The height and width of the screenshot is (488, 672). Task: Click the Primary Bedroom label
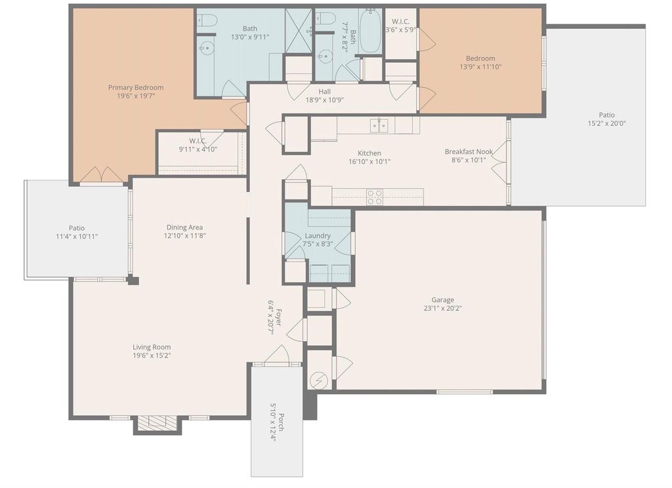[x=135, y=87]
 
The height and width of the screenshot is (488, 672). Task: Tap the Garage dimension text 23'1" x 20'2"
[x=443, y=308]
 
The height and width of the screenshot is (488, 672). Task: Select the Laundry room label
[x=318, y=235]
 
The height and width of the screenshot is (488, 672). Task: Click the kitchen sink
[x=379, y=125]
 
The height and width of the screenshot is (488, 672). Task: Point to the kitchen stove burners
[x=375, y=197]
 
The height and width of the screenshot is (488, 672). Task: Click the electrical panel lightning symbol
[x=318, y=379]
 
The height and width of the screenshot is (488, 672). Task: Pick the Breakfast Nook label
[x=469, y=152]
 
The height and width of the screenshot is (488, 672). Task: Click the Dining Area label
[x=184, y=227]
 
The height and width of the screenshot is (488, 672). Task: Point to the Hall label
[x=324, y=91]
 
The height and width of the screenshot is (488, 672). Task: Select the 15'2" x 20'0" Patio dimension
[x=606, y=123]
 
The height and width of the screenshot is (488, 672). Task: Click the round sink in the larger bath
[x=207, y=47]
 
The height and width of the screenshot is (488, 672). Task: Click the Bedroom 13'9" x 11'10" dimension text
[x=480, y=67]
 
